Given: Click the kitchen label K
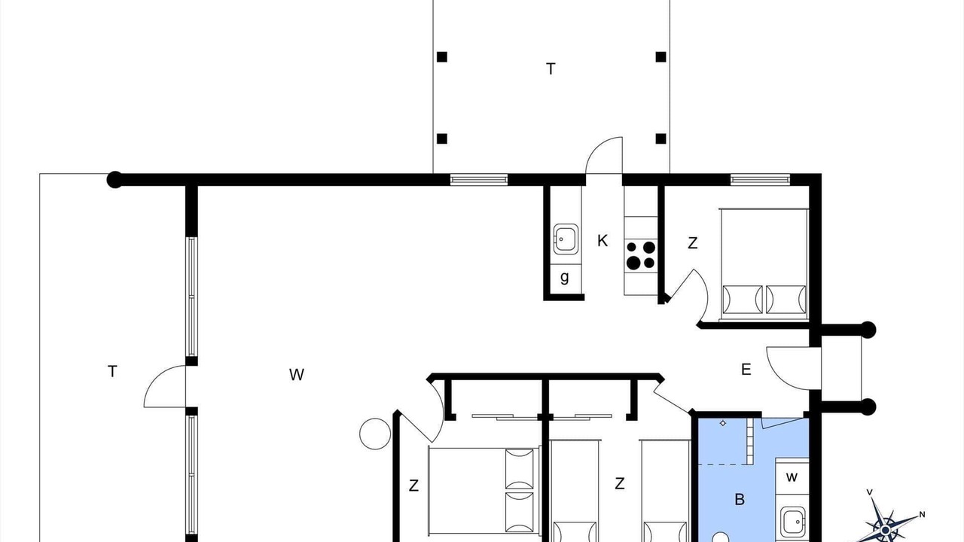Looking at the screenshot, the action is (x=602, y=240).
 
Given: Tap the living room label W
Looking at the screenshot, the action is (x=297, y=375).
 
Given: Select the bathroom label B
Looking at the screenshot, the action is (x=740, y=499).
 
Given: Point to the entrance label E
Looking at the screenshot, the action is (x=746, y=370).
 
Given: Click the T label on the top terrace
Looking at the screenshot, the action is (x=551, y=69).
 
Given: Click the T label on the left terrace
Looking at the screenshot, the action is (x=112, y=371).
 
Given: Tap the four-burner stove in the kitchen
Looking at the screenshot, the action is (x=641, y=255).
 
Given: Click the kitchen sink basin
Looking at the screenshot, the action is (x=566, y=239).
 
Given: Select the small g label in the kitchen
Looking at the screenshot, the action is (x=565, y=278).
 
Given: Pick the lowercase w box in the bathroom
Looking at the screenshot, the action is (x=792, y=477).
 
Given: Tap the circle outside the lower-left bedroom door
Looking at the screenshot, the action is (x=375, y=434).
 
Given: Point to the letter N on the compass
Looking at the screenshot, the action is (x=922, y=514).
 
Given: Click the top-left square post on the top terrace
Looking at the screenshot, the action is (x=442, y=56).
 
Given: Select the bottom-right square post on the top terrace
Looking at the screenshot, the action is (x=661, y=139).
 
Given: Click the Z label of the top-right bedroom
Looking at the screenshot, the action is (x=692, y=243).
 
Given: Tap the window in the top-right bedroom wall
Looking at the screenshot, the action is (x=761, y=180).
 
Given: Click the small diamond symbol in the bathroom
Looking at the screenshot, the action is (x=723, y=423).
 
